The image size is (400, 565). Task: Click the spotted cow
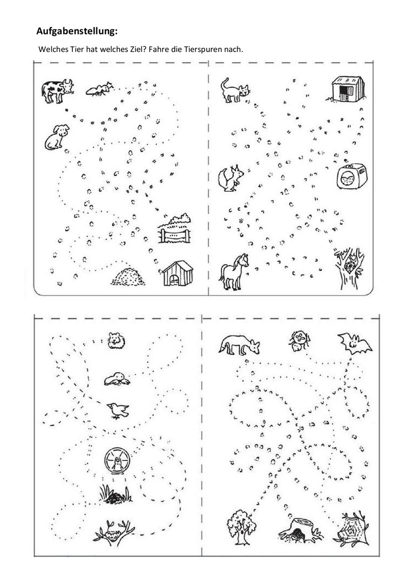(x=57, y=91)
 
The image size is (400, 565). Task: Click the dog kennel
(x=177, y=273)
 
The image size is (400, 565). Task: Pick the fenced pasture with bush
(x=174, y=228)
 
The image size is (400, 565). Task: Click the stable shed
(x=347, y=89)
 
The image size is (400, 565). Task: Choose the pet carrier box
(x=351, y=175)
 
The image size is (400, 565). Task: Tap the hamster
(x=116, y=340)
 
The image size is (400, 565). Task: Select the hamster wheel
(x=117, y=461)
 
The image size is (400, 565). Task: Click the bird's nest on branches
(x=114, y=531)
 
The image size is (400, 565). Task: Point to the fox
(x=239, y=345)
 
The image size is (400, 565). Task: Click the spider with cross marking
(x=299, y=341)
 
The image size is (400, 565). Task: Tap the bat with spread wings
(x=354, y=343)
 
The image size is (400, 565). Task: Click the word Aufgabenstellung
(x=77, y=31)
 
